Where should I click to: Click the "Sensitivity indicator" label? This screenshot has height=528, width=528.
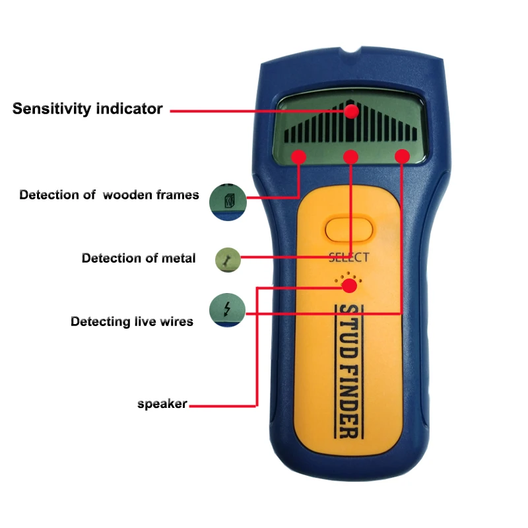tap(87, 109)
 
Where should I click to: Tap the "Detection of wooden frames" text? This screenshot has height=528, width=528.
tap(109, 195)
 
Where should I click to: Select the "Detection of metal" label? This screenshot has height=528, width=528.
tap(139, 258)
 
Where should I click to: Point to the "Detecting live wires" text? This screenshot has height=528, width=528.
tap(132, 321)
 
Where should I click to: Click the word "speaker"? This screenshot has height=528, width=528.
tap(162, 404)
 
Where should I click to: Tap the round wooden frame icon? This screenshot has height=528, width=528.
tap(228, 201)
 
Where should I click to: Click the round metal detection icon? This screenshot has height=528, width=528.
tap(228, 259)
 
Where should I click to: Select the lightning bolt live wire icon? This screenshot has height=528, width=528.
tap(228, 310)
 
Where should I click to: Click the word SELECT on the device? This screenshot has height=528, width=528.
tap(349, 258)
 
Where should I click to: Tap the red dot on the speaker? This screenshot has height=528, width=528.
tap(350, 286)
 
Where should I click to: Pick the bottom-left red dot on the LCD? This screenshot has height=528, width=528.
tap(299, 156)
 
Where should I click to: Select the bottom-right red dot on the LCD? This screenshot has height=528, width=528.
tap(402, 156)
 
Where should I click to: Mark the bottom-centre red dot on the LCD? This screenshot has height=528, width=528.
tap(350, 156)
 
